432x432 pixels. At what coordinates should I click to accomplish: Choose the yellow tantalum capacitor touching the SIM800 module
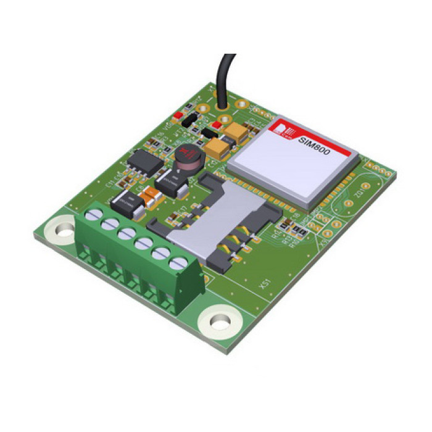(x=217, y=146)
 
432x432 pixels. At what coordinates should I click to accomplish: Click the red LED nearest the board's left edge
(x=178, y=115)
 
